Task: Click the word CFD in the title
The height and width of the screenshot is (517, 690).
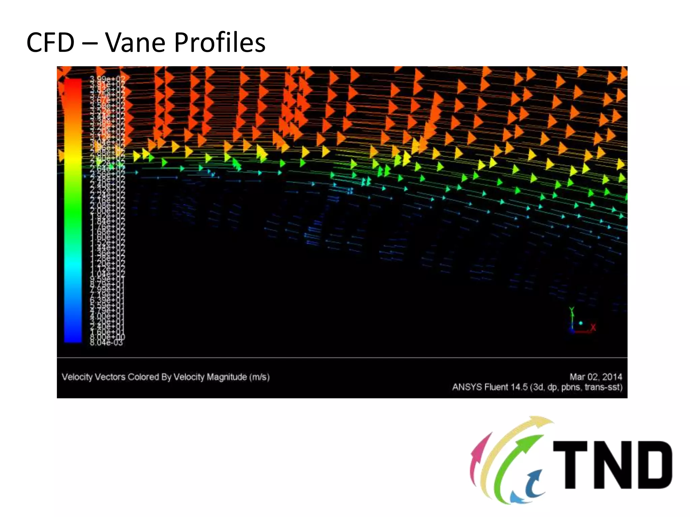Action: pyautogui.click(x=50, y=42)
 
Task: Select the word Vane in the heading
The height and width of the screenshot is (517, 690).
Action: pyautogui.click(x=135, y=42)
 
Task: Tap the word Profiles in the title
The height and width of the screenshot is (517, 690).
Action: pyautogui.click(x=219, y=42)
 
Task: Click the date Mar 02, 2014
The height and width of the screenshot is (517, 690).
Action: pyautogui.click(x=596, y=377)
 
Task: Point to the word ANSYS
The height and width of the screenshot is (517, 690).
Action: pyautogui.click(x=467, y=387)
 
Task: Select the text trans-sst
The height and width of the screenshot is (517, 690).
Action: pyautogui.click(x=603, y=387)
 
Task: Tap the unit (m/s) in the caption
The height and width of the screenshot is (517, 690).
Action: pyautogui.click(x=259, y=377)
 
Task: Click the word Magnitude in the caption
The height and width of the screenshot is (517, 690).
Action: pyautogui.click(x=227, y=377)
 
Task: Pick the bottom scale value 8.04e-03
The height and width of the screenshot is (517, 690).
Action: pyautogui.click(x=106, y=343)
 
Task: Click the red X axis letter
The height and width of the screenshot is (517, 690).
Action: pyautogui.click(x=593, y=327)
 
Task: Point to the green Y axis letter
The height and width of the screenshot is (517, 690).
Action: pyautogui.click(x=571, y=310)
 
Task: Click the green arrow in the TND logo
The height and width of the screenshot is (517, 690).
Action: pyautogui.click(x=509, y=464)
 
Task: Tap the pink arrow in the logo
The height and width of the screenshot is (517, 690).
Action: pyautogui.click(x=478, y=454)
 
